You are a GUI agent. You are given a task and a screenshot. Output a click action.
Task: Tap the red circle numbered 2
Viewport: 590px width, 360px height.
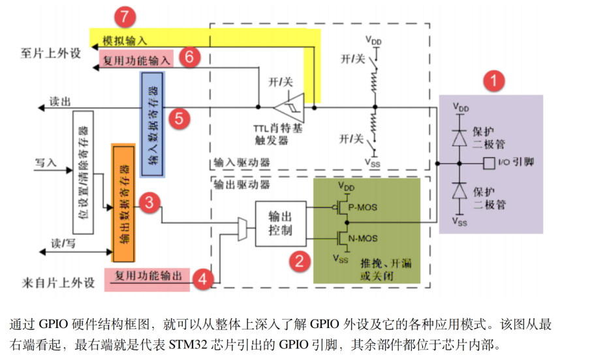(x=300, y=262)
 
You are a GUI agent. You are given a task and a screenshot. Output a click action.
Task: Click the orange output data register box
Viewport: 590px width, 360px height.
(x=123, y=203)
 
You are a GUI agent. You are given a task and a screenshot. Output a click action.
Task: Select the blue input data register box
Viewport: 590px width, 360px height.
(x=154, y=124)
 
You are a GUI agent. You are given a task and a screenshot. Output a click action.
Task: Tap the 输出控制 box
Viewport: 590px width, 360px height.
(x=281, y=223)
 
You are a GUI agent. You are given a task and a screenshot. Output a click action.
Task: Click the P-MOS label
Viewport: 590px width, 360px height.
(x=362, y=207)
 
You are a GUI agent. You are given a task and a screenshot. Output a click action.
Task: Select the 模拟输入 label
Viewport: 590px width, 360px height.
(x=125, y=40)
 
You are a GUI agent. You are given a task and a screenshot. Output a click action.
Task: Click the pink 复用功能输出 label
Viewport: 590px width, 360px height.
(x=148, y=275)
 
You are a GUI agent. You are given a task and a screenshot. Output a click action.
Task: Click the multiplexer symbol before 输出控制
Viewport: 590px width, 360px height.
(x=243, y=230)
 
